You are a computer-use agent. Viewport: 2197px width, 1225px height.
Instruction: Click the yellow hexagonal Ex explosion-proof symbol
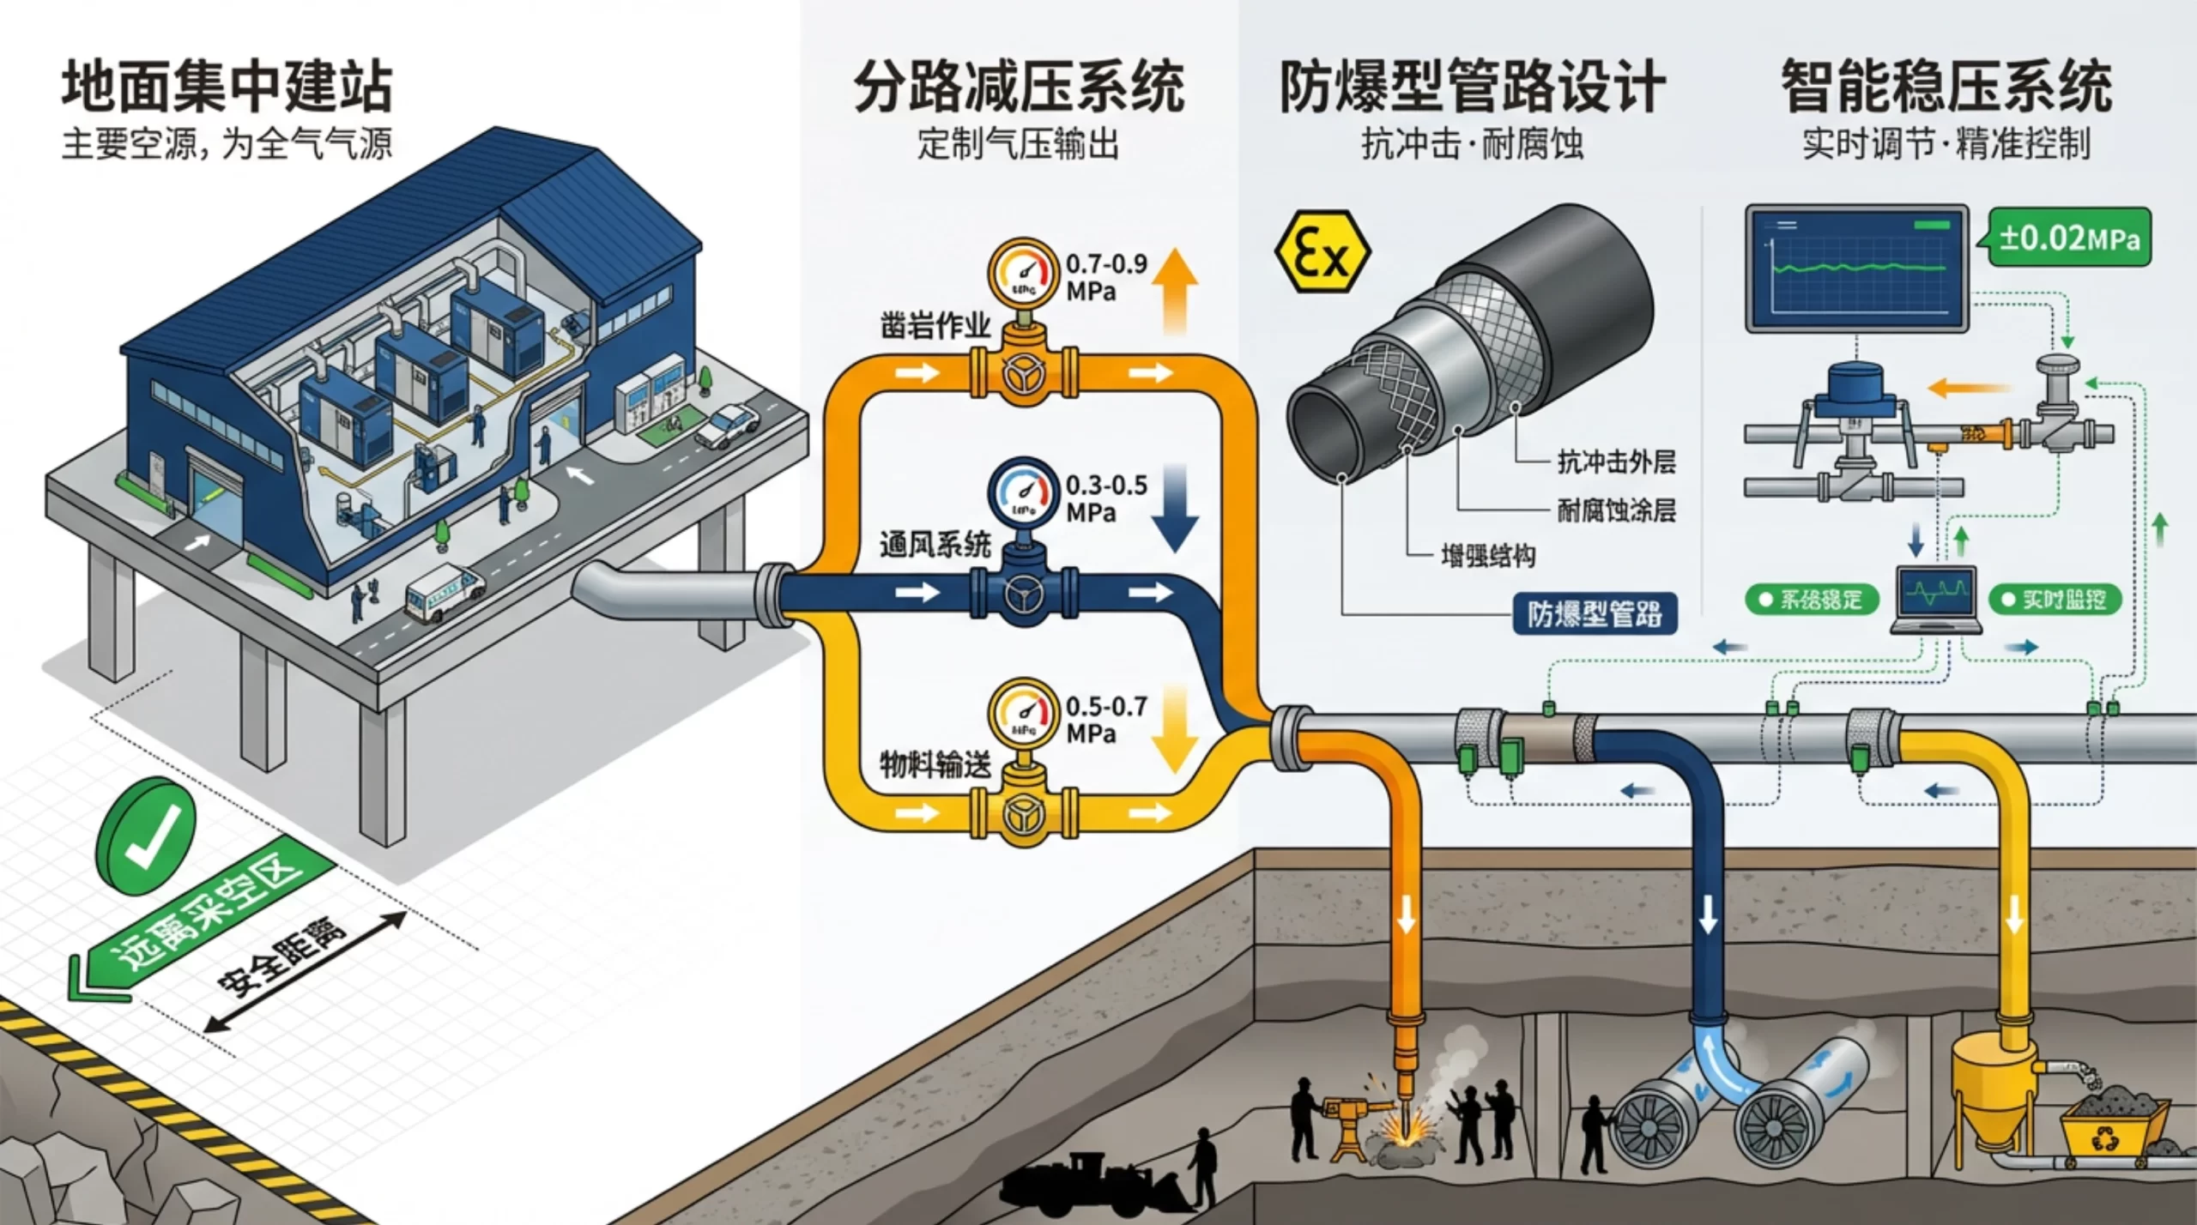coord(1322,253)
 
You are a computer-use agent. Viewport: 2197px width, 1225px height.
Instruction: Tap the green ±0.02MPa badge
coord(2068,238)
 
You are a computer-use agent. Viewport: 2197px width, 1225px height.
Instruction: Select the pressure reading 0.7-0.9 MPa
coord(1106,277)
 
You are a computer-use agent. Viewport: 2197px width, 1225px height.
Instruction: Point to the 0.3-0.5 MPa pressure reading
coord(1106,498)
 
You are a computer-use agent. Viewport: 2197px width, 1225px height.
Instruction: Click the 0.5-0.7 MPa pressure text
coord(1106,720)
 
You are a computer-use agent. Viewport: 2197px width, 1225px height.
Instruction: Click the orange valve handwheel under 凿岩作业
coord(1024,375)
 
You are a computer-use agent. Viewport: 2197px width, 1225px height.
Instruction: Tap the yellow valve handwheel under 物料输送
coord(1024,813)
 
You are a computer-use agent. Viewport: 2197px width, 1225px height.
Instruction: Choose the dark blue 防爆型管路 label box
coord(1594,614)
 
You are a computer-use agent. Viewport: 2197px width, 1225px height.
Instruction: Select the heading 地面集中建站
coord(227,87)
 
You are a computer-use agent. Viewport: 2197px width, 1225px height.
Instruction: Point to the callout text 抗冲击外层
coord(1616,462)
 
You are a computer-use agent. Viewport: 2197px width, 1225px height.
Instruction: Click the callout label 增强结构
coord(1488,556)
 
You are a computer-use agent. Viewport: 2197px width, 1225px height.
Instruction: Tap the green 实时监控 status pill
coord(2055,600)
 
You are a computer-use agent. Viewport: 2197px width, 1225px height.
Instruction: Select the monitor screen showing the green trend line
coord(1857,269)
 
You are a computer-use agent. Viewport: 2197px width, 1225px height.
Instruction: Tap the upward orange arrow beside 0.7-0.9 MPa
coord(1173,292)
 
